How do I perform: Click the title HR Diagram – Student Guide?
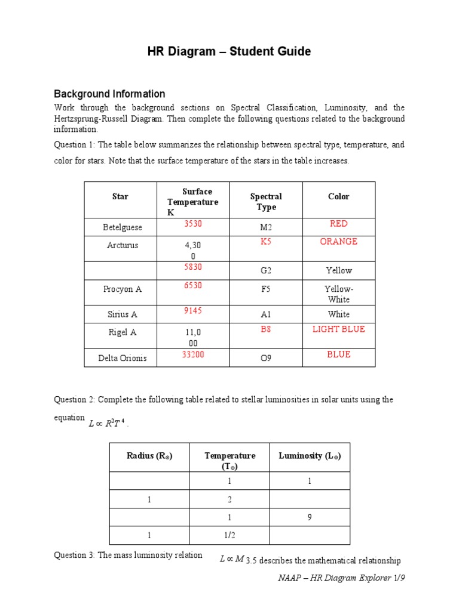tap(229, 52)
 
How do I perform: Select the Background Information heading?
tap(109, 94)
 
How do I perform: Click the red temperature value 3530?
tap(192, 224)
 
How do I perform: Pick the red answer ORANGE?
tap(338, 242)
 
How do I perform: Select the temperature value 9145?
tap(192, 310)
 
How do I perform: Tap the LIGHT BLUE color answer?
tap(338, 329)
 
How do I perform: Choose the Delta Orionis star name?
tap(122, 359)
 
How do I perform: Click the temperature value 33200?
tap(192, 354)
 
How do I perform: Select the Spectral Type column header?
tap(266, 202)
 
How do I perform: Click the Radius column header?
tap(149, 456)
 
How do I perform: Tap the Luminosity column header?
tap(310, 456)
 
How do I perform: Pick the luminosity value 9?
tap(310, 517)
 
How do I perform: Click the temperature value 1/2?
tap(229, 536)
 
